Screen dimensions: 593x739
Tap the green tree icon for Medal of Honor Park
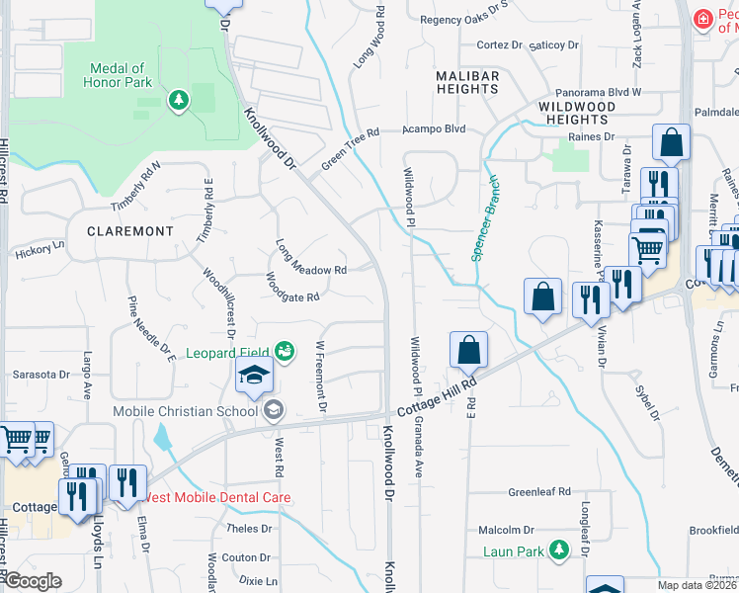point(178,100)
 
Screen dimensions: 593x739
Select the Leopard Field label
point(231,352)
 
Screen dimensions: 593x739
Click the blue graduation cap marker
point(254,377)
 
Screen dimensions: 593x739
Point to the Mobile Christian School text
point(185,410)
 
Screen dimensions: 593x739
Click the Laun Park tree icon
point(560,549)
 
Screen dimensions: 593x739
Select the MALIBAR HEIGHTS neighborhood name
point(467,82)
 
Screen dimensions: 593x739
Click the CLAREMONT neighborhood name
point(129,230)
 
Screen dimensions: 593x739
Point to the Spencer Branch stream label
point(485,218)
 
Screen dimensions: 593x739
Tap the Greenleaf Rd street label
point(539,491)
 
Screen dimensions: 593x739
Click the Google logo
point(33,581)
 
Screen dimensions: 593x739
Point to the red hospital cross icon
point(702,20)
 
